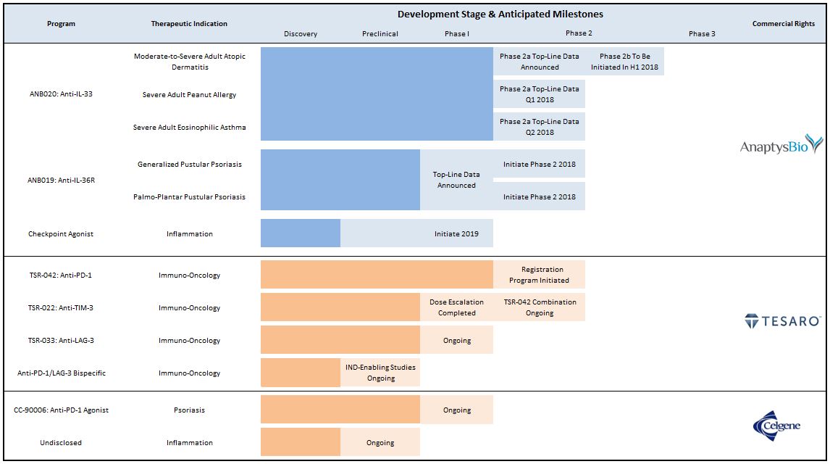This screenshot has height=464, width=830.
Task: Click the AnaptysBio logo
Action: pos(781,146)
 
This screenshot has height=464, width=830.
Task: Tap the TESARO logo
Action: pos(782,321)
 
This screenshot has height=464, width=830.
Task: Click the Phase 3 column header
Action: pos(702,33)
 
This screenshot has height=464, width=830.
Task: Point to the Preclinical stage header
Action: pos(380,33)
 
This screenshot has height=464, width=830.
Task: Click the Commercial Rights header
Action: pos(783,24)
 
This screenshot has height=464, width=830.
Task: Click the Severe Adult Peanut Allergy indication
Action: pos(189,95)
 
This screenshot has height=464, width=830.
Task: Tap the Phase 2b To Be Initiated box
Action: pos(624,62)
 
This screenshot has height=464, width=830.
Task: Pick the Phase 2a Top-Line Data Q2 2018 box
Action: pos(540,127)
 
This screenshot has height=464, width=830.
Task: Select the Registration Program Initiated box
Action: pos(540,275)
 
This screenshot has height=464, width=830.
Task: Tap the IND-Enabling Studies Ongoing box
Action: pos(380,373)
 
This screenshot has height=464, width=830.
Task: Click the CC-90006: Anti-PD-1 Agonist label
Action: pos(61,410)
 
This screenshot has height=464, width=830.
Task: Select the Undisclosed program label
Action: pos(61,443)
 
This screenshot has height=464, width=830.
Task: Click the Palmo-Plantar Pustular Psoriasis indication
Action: pos(189,197)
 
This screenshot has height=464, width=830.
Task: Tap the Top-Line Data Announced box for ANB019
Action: pos(456,180)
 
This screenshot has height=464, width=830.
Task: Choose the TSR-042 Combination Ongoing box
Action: pos(540,307)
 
